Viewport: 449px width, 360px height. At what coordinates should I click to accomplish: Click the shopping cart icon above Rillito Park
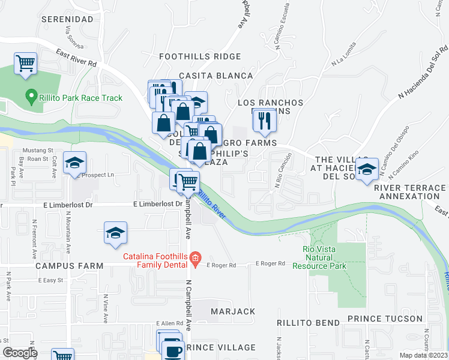pyautogui.click(x=25, y=63)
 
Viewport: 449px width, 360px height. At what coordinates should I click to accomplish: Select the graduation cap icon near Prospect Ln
pyautogui.click(x=75, y=163)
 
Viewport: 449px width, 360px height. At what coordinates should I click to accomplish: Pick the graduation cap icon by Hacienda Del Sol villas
pyautogui.click(x=366, y=170)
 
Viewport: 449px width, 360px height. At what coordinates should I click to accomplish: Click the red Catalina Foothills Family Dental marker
pyautogui.click(x=194, y=259)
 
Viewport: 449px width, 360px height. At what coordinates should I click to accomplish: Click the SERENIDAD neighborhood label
pyautogui.click(x=67, y=19)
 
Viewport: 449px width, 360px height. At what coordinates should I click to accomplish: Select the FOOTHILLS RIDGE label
pyautogui.click(x=200, y=56)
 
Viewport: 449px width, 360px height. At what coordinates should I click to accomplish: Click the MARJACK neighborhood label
pyautogui.click(x=232, y=311)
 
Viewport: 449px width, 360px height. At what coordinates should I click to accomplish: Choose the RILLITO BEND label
pyautogui.click(x=308, y=323)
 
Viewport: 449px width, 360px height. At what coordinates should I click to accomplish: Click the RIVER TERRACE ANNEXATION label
pyautogui.click(x=410, y=191)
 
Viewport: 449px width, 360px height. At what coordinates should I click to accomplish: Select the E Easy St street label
pyautogui.click(x=51, y=280)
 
